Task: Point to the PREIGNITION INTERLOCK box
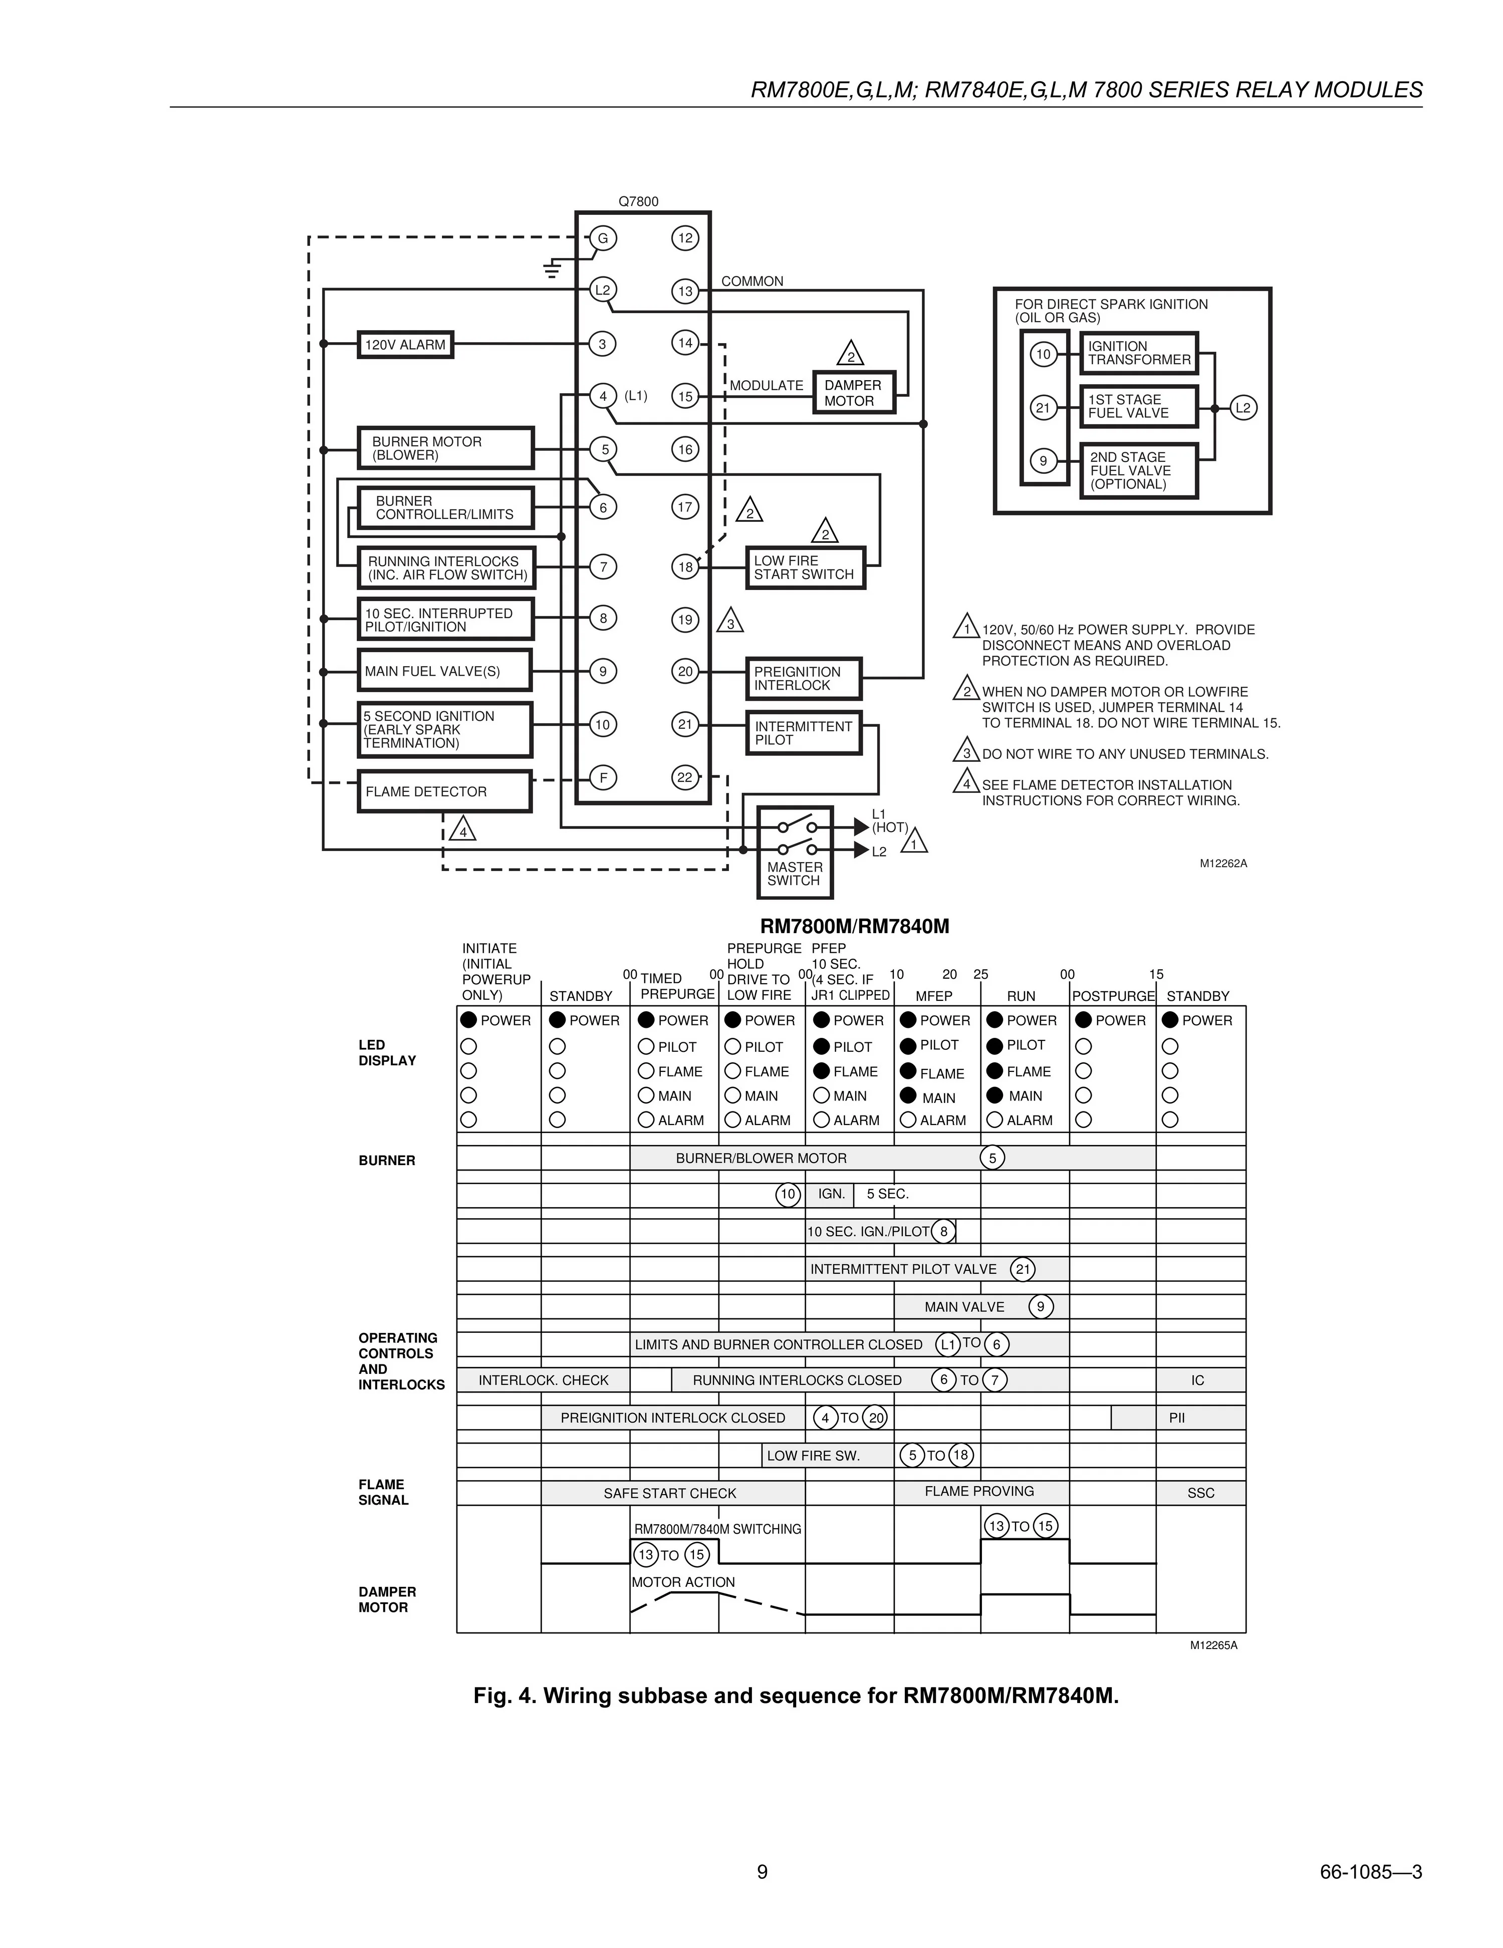pos(803,679)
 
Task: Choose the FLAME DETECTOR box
pos(444,791)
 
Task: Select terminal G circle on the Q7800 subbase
pos(603,238)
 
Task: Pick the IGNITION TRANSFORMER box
pos(1139,353)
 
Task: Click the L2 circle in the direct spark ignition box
pos(1243,408)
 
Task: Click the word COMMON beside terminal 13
pos(752,281)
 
